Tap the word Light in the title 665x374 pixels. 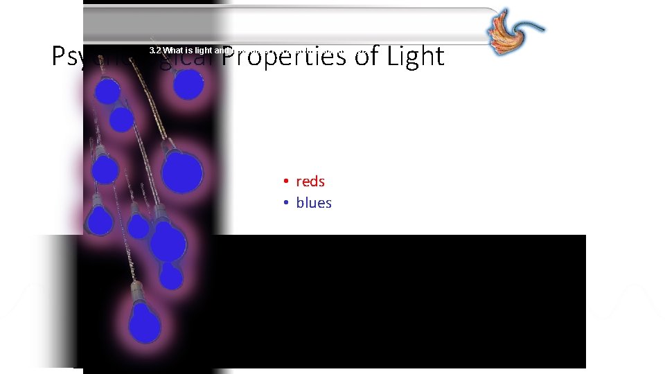(415, 57)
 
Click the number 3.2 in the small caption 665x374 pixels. (154, 51)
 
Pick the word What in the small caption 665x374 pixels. (173, 51)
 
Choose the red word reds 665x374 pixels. (310, 181)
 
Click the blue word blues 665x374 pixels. (314, 203)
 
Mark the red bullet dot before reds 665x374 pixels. (285, 182)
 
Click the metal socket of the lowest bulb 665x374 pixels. (136, 291)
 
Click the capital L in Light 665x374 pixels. (392, 57)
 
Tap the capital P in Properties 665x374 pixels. (231, 57)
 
